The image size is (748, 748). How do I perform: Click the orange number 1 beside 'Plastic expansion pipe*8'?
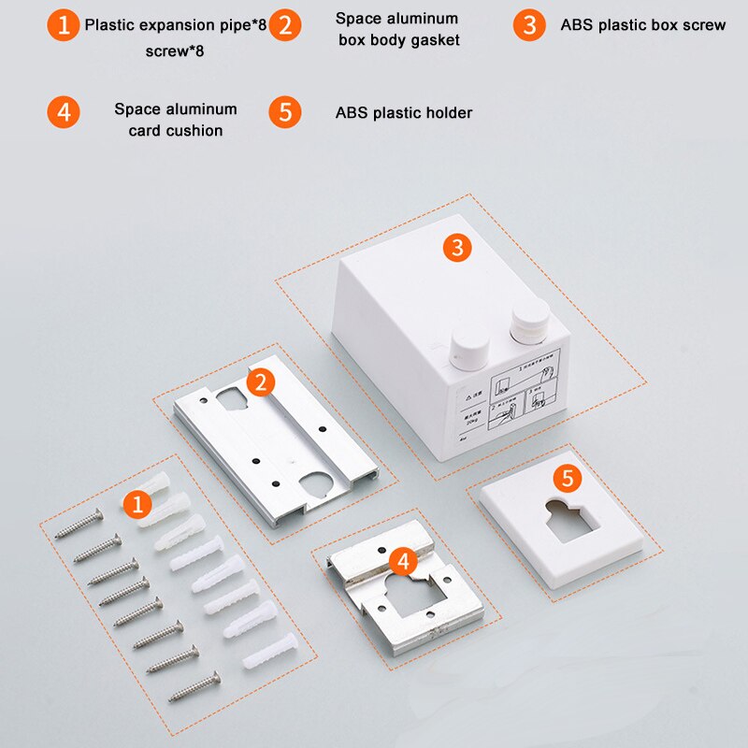63,25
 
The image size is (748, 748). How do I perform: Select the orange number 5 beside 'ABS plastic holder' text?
286,112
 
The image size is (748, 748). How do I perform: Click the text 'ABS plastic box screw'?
642,25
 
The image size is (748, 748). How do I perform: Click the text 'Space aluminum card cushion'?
176,120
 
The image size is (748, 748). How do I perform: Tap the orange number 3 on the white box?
456,248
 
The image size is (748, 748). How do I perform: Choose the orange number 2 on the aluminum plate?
261,381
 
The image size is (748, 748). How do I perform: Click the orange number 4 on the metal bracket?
402,561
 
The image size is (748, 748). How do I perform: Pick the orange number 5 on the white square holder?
567,479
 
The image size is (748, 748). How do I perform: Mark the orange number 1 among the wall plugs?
137,506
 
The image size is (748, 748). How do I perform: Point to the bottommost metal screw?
194,687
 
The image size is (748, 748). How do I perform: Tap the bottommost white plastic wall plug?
269,651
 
